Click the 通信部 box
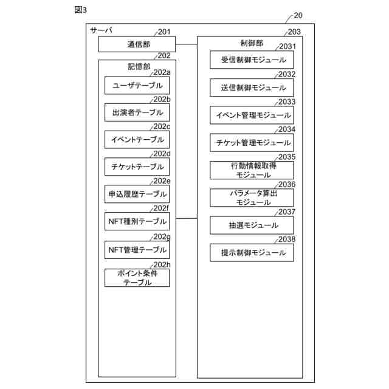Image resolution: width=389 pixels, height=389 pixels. point(137,44)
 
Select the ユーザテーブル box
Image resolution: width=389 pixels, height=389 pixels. point(137,86)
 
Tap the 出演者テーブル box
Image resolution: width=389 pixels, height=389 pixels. point(137,112)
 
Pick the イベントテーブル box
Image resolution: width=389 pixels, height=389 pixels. point(137,140)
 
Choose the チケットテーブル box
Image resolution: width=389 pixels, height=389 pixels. point(137,167)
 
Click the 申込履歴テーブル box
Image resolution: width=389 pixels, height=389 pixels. point(137,194)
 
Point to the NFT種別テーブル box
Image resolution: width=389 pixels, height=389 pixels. point(137,221)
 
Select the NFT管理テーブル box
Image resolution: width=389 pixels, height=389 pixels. point(137,249)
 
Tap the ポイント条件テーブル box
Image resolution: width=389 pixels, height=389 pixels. point(137,278)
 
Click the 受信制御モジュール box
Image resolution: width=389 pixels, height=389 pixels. point(252,60)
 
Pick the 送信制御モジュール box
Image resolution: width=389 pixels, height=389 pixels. point(252,88)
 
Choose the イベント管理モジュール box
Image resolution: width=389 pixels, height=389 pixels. point(252,115)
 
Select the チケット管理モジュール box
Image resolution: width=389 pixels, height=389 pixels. point(252,143)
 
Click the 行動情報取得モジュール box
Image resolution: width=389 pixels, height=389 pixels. point(252,170)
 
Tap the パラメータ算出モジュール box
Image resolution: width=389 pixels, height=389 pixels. point(252,198)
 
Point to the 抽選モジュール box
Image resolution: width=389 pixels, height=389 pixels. point(252,225)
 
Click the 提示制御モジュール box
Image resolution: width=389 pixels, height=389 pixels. point(252,252)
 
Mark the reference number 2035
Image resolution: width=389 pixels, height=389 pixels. point(287,157)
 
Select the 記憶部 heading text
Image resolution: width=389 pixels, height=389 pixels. point(138,66)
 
